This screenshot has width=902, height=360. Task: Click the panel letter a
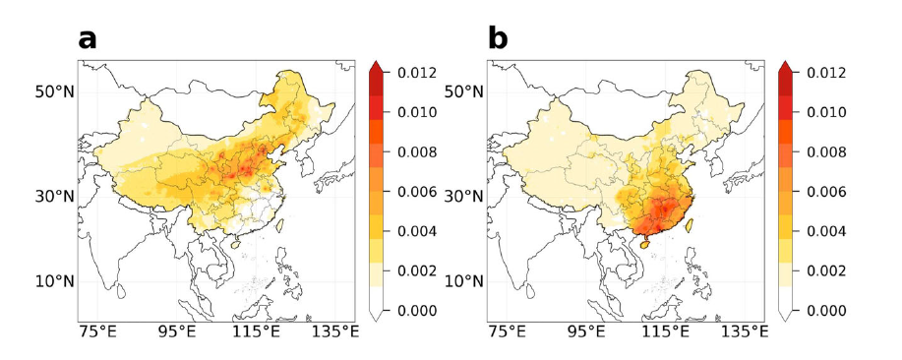[x=89, y=38]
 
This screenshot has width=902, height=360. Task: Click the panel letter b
[x=499, y=38]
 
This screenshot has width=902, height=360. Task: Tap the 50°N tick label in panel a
[x=56, y=92]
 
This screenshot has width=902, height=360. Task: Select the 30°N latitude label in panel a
[x=56, y=195]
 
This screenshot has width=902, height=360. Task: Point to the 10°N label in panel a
[x=56, y=281]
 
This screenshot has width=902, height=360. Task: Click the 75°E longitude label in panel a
[x=98, y=332]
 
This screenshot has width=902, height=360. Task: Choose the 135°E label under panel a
[x=334, y=332]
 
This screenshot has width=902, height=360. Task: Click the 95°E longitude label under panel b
[x=587, y=332]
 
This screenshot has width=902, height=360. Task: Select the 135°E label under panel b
[x=744, y=332]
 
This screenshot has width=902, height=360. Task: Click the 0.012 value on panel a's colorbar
[x=417, y=73]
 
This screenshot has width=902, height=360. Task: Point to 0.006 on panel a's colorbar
[x=417, y=192]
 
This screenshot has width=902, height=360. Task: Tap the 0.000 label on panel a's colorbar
[x=417, y=311]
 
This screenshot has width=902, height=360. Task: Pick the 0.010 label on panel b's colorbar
[x=826, y=112]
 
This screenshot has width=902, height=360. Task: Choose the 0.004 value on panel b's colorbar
[x=826, y=231]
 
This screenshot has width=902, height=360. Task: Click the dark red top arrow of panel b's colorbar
[x=786, y=67]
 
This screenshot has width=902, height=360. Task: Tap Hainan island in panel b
[x=645, y=243]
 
